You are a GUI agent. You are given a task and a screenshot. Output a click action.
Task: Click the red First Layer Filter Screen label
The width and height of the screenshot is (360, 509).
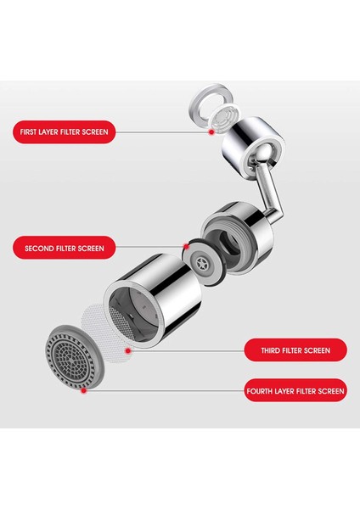[x=64, y=131]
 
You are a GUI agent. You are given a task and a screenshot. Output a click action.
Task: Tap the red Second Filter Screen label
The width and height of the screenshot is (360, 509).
[x=64, y=249]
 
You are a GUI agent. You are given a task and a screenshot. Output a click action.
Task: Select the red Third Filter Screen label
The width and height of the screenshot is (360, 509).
[x=295, y=350]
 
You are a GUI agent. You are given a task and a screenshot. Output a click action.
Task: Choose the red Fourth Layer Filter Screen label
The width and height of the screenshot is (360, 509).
[x=295, y=391]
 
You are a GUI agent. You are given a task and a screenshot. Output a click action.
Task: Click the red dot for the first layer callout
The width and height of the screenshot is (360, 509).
[x=211, y=132]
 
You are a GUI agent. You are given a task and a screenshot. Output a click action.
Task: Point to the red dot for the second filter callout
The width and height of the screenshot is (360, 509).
[x=186, y=246]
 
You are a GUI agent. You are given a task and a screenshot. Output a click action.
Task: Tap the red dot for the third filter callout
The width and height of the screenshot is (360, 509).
[x=128, y=350]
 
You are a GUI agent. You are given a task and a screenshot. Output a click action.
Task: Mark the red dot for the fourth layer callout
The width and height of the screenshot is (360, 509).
[x=83, y=391]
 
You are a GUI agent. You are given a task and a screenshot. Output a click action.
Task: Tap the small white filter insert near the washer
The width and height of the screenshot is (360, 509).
[x=224, y=118]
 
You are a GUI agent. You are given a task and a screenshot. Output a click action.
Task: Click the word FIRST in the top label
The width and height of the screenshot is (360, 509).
[x=28, y=131]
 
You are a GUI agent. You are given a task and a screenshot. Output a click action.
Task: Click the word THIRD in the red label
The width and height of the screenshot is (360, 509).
[x=270, y=350]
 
